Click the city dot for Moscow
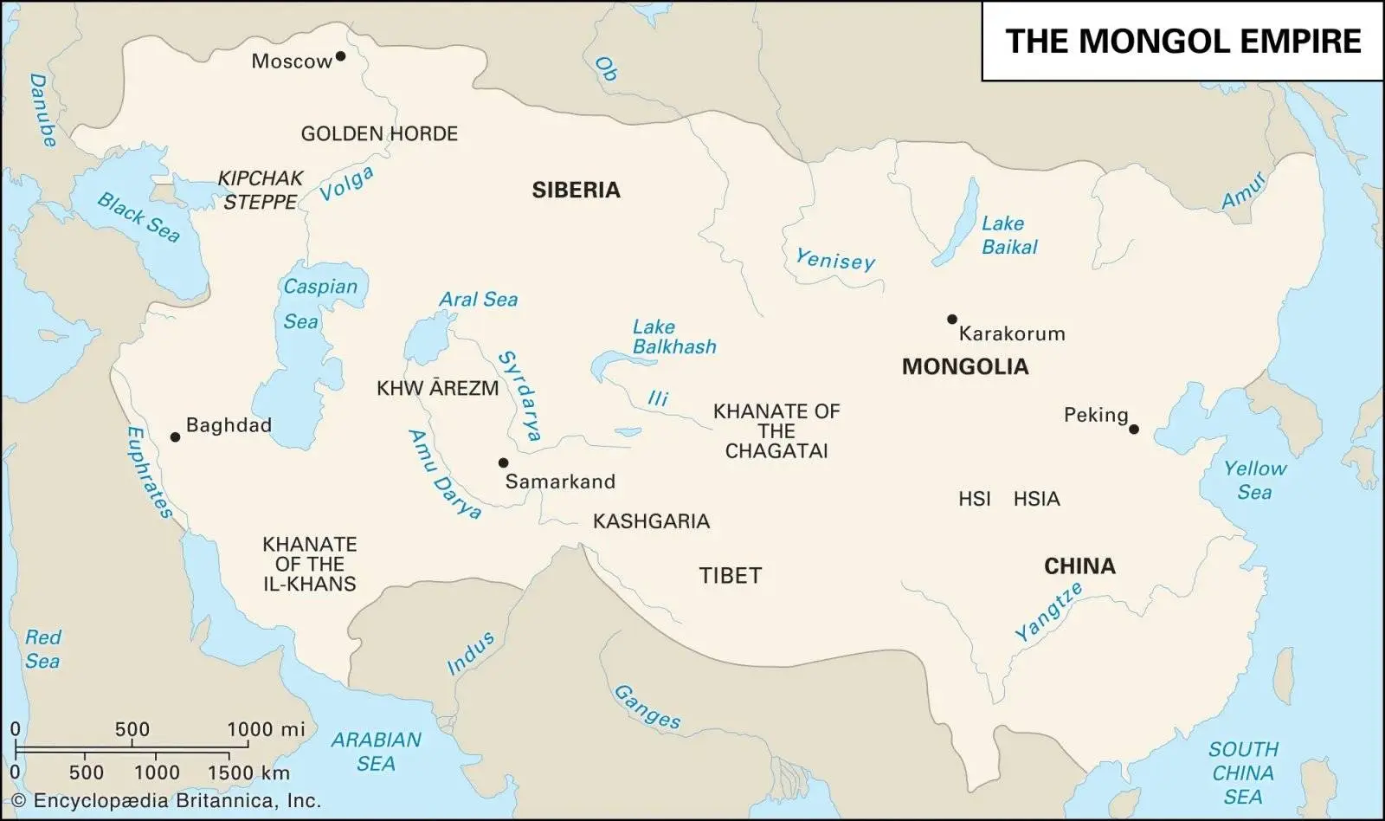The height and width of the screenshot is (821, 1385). point(340,56)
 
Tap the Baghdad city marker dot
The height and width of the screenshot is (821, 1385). point(175,437)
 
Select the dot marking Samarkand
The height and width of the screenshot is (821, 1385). point(503,462)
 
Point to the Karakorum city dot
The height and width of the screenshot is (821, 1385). point(952,320)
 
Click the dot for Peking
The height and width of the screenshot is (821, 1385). point(1134,429)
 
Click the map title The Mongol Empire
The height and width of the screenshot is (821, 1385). point(1182,41)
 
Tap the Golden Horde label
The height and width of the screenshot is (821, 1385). point(379,133)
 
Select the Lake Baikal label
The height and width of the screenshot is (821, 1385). point(1008,235)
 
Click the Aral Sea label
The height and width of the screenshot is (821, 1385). point(478,300)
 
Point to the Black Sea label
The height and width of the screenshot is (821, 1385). point(138,217)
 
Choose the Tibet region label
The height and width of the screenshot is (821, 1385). point(730,575)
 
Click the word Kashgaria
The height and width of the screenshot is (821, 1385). point(651,521)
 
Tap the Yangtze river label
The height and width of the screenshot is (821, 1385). point(1048,611)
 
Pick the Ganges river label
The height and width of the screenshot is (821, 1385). point(647,706)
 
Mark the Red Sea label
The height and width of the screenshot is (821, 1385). point(42,649)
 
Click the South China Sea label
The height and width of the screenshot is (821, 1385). point(1243,773)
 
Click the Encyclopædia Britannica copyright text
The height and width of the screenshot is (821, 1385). point(165,801)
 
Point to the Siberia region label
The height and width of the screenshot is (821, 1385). point(576,191)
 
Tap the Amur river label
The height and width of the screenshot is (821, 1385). point(1244,190)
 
